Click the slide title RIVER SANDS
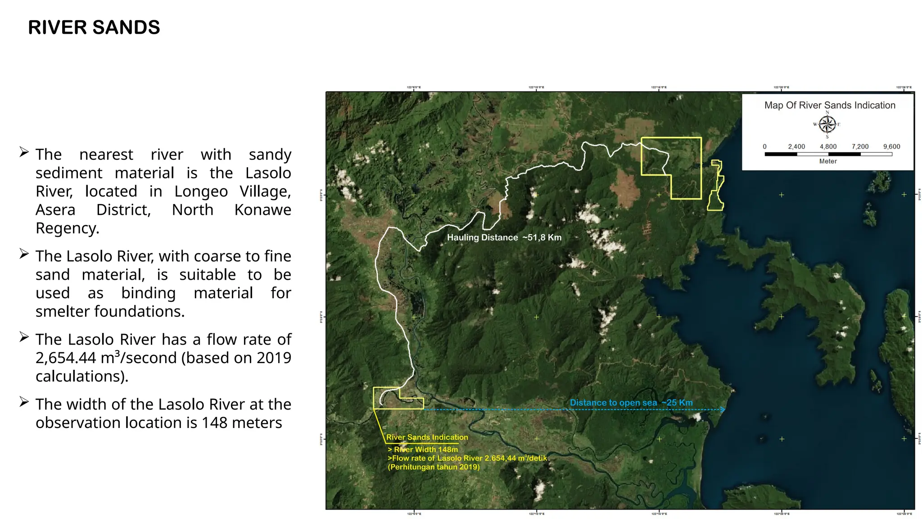(x=94, y=27)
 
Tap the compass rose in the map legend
(x=827, y=124)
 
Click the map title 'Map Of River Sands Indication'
(x=830, y=105)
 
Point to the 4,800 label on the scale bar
(x=828, y=146)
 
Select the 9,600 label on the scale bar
(x=891, y=146)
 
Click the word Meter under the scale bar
(x=828, y=161)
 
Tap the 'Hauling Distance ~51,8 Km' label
(x=504, y=237)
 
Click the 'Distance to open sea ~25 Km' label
(x=631, y=402)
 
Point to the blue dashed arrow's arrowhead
(x=723, y=410)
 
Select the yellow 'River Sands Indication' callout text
(x=427, y=437)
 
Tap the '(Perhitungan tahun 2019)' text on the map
(x=434, y=467)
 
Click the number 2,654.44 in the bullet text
(x=66, y=358)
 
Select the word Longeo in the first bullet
(x=201, y=191)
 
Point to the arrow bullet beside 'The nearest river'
(x=24, y=152)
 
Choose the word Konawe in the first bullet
(x=262, y=210)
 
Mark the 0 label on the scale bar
(x=764, y=146)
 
